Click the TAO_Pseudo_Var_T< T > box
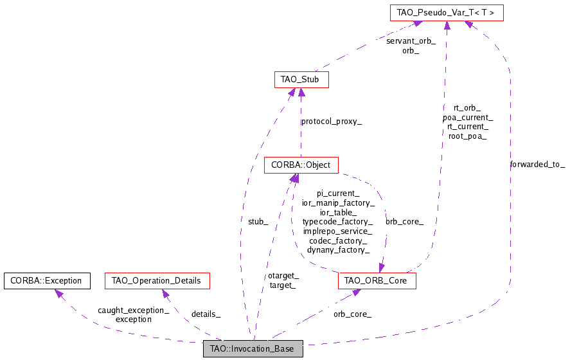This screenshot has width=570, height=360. tap(446, 12)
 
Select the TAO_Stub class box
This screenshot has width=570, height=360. tap(301, 80)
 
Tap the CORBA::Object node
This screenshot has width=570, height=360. tap(301, 165)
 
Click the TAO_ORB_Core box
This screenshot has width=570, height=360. tap(377, 281)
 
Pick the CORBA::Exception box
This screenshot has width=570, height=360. tap(46, 281)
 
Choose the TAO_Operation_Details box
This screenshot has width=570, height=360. tap(156, 281)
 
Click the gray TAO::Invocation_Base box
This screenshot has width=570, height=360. tap(253, 349)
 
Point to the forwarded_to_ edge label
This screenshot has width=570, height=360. tap(537, 165)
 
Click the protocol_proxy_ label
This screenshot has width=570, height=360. tap(332, 122)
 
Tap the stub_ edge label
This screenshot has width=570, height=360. tap(258, 222)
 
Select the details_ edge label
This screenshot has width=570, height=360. tap(206, 314)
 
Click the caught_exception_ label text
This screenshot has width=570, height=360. tap(134, 310)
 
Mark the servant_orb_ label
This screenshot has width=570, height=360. tap(411, 41)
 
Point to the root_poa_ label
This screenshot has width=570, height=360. tap(467, 136)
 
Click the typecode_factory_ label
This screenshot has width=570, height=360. tap(337, 221)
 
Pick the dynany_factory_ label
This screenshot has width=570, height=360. tap(337, 250)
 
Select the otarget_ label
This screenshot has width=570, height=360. tap(283, 276)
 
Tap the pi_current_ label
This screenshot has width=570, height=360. tap(337, 193)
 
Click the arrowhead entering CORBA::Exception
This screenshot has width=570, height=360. tap(58, 293)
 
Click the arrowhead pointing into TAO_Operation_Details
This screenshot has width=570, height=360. tap(165, 294)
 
